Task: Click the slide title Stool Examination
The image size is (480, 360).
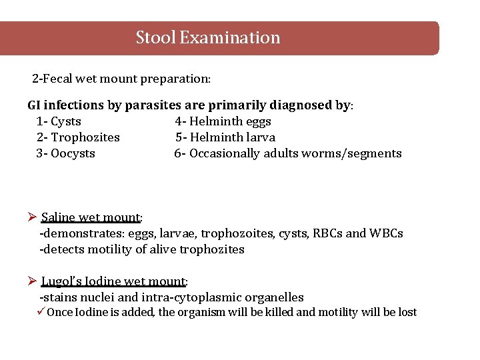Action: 208,37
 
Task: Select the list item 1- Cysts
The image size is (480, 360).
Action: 59,121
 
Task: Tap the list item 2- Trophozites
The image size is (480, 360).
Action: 78,137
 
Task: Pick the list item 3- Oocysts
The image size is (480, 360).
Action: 65,153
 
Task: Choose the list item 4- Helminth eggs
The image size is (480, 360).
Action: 223,121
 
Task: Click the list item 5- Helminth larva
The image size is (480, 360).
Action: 225,137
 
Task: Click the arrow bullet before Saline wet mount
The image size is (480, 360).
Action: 32,217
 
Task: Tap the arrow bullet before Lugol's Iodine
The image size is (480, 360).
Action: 32,281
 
